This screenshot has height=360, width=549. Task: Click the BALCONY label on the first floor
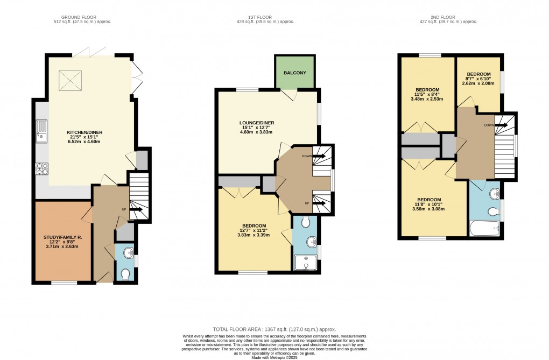294,73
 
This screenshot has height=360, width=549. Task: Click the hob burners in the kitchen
41,169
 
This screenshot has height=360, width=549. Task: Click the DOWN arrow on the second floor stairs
501,125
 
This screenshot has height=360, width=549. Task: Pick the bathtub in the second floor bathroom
487,229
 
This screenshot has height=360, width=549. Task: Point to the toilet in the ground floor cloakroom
125,274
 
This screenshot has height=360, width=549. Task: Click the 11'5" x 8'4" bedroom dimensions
427,94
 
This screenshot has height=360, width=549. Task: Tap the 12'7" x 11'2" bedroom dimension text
254,231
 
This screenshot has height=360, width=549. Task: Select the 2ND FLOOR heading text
448,16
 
